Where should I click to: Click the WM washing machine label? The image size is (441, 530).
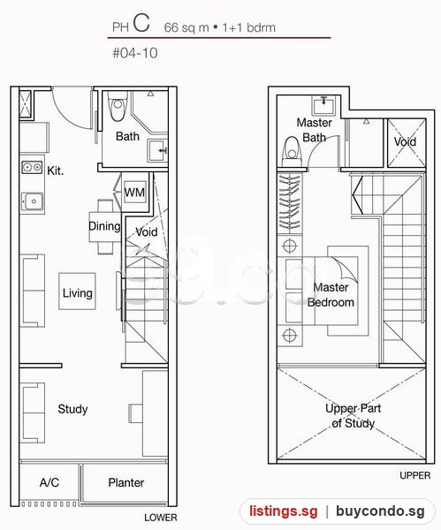(x=134, y=193)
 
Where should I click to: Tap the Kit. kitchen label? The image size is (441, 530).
(x=56, y=170)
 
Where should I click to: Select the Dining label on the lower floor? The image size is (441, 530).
(x=104, y=226)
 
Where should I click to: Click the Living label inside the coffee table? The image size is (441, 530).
(x=78, y=292)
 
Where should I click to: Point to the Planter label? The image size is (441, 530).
(x=126, y=482)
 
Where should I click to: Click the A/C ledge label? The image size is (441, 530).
(x=49, y=482)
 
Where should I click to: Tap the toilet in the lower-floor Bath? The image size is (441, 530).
(x=117, y=106)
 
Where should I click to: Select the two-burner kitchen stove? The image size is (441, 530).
(x=32, y=167)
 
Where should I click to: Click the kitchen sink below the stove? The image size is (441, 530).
(x=33, y=201)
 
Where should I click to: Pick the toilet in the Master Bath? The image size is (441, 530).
(x=292, y=151)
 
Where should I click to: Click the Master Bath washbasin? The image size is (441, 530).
(x=323, y=105)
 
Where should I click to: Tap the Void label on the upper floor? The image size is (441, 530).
(x=405, y=141)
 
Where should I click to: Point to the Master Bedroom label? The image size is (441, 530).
(x=331, y=295)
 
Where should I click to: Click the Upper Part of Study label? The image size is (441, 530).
(x=354, y=416)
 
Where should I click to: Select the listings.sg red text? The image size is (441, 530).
(x=284, y=511)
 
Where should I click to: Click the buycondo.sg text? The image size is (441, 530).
(x=380, y=511)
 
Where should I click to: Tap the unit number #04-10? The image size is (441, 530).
(x=135, y=53)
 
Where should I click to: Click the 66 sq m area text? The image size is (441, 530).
(x=186, y=27)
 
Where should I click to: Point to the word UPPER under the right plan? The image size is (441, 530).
(x=415, y=475)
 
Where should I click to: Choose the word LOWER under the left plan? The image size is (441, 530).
(x=161, y=518)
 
